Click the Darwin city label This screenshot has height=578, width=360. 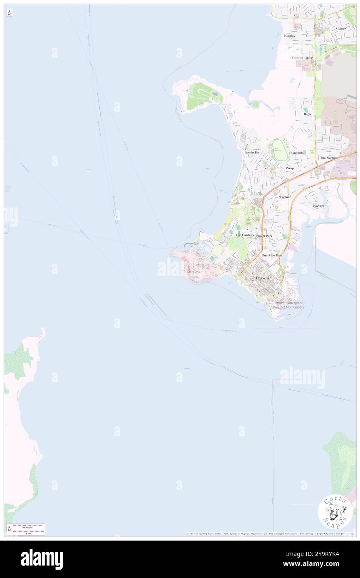click(262, 277)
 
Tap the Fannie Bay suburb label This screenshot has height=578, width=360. click(252, 153)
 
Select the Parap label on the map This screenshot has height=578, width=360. click(289, 168)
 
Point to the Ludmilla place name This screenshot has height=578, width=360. click(297, 153)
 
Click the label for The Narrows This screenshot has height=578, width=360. click(329, 158)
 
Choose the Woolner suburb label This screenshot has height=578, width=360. click(285, 196)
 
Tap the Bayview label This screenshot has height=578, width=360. click(318, 206)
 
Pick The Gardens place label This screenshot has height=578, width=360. click(244, 235)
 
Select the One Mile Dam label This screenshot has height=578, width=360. click(272, 255)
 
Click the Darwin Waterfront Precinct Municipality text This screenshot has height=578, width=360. click(289, 305)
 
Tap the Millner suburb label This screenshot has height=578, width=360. click(341, 29)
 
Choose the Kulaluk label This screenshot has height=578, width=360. click(290, 36)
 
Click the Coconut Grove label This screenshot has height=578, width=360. click(302, 58)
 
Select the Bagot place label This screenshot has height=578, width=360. click(308, 114)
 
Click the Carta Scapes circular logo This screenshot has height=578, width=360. click(335, 511)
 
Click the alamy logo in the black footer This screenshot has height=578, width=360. click(42, 559)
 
